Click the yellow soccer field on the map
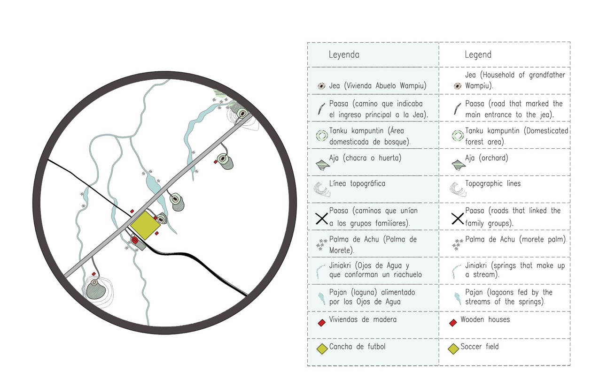coord(145,225)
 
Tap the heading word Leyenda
coord(344,54)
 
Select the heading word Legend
coord(478,54)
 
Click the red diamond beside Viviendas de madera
coord(322,323)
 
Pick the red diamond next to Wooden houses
coord(453,323)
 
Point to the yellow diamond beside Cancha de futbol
coord(322,349)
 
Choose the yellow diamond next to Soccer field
coord(453,349)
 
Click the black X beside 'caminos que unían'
coord(322,218)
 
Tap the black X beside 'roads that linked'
coord(458,218)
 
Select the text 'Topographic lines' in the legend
coord(493,184)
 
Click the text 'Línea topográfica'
coord(357,184)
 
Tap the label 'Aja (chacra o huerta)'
coord(365,158)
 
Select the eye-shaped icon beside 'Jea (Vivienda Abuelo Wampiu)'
coord(322,86)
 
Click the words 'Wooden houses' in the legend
coord(485,320)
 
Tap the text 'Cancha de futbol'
coord(358,347)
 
